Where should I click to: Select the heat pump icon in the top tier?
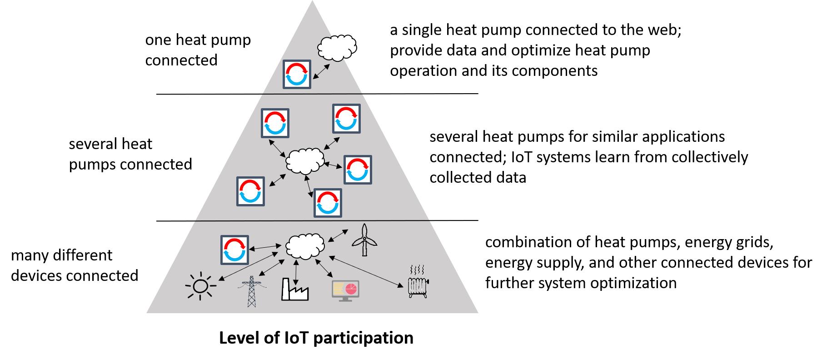click(x=297, y=74)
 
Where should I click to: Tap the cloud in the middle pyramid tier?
click(x=305, y=160)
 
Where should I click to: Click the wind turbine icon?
click(x=364, y=240)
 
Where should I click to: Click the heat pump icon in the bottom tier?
click(x=234, y=250)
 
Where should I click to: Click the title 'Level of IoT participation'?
click(x=316, y=338)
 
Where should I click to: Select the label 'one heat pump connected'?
click(x=198, y=50)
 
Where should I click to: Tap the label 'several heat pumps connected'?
click(x=130, y=154)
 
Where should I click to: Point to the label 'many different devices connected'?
click(x=75, y=265)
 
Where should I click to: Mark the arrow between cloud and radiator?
click(x=366, y=271)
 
